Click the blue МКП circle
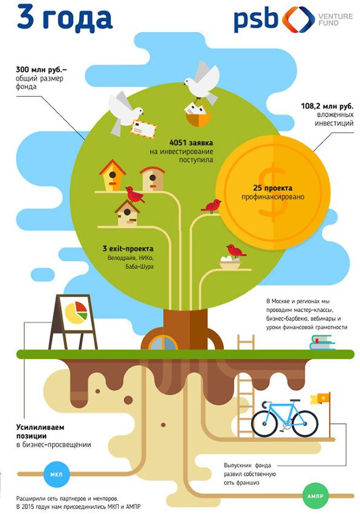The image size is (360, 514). [56, 474]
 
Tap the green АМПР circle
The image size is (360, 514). [315, 496]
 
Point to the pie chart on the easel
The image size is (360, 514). [76, 313]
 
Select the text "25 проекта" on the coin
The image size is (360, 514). [272, 188]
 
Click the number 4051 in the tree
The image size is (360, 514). [178, 143]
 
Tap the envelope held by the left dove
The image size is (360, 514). [143, 129]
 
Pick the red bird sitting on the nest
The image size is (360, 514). [235, 251]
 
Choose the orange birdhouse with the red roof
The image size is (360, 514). [113, 175]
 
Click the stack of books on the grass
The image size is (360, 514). [322, 342]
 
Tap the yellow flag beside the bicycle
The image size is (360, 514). [319, 399]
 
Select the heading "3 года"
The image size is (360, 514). [65, 18]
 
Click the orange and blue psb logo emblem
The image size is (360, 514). [298, 19]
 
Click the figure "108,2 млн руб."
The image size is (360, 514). [327, 106]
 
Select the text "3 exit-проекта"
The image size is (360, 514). [128, 249]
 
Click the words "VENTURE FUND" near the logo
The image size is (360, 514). [335, 19]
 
